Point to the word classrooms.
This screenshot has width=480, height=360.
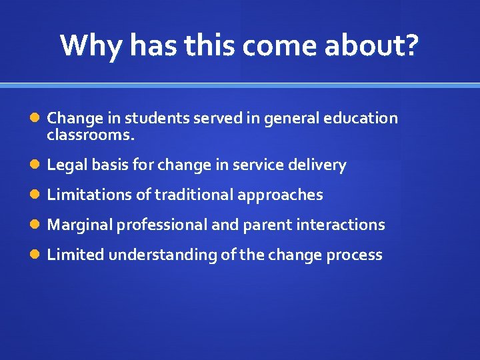(x=91, y=136)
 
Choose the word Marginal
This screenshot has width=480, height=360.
(x=80, y=225)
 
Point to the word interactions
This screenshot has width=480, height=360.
(x=338, y=225)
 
